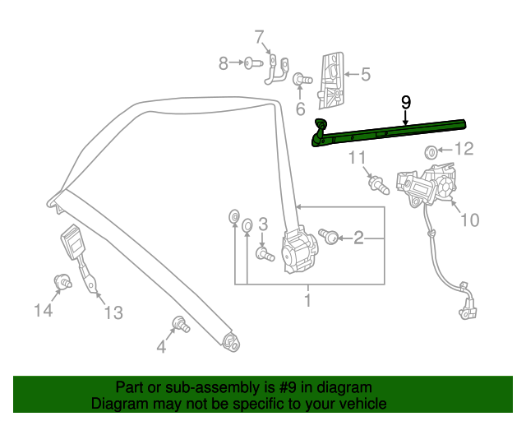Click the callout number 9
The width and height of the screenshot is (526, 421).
405,103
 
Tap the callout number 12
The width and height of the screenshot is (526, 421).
464,149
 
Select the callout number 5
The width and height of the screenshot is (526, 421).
366,74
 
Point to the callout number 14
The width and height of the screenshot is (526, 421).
44,310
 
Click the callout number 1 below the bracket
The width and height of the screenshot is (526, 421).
308,300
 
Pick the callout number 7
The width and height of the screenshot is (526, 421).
259,37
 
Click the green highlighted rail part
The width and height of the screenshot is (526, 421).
389,132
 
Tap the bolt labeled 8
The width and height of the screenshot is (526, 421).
253,62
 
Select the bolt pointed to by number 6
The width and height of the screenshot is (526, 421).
302,80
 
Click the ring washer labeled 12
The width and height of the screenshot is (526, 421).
431,152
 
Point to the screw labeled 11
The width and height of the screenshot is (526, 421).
379,186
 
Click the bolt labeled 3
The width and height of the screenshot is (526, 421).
265,254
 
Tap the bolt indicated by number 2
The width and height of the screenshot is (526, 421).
329,236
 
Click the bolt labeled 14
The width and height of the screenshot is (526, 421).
62,281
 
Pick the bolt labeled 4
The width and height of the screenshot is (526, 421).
181,324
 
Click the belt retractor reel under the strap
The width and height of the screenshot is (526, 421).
298,250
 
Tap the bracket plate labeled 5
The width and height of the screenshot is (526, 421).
331,81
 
